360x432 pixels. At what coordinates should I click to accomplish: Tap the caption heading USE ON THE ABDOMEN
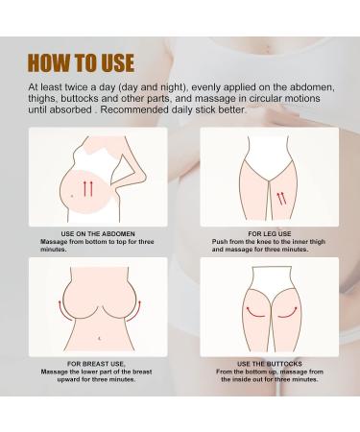(x=91, y=231)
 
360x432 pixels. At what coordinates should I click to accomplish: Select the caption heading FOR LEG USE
(x=268, y=231)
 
